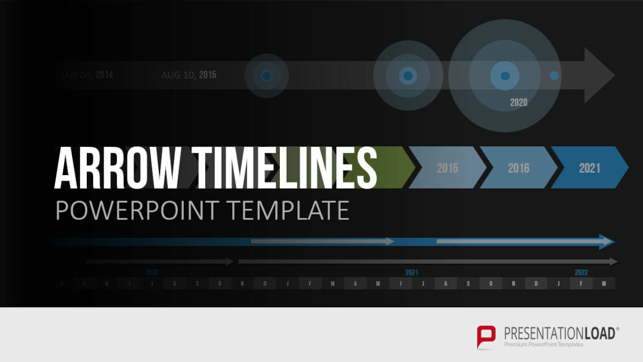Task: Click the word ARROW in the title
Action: click(117, 168)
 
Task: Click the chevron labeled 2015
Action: click(447, 168)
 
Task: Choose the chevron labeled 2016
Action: click(518, 168)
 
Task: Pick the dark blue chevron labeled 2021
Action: click(589, 168)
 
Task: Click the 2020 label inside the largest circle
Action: click(518, 102)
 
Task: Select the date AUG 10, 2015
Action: click(188, 75)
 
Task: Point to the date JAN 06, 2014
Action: click(87, 75)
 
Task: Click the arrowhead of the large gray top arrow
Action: click(599, 75)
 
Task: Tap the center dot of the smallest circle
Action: click(267, 75)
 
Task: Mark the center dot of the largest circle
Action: click(505, 76)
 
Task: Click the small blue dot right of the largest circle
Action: click(554, 75)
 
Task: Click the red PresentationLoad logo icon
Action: click(486, 336)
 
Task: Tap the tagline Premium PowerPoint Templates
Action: click(544, 344)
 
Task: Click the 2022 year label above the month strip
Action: click(581, 272)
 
